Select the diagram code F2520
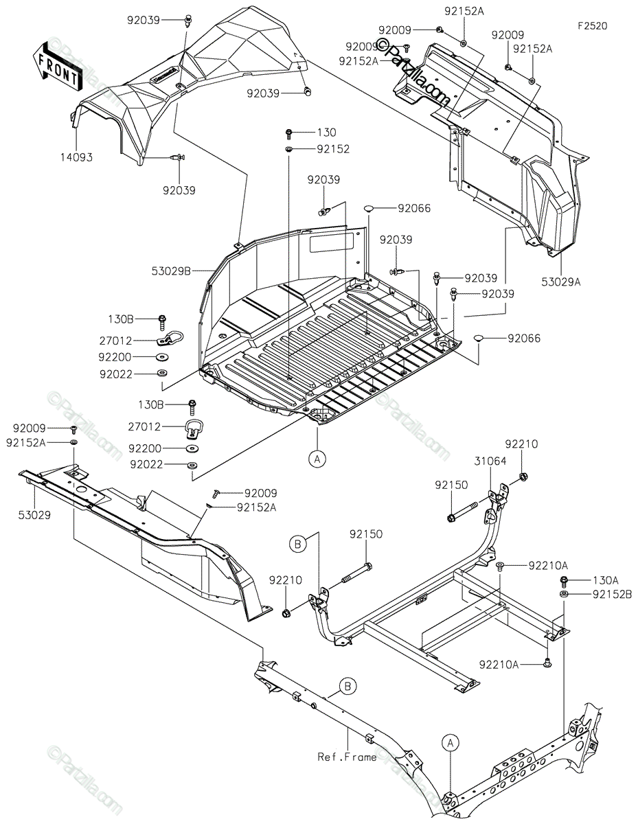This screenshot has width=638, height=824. coord(592,26)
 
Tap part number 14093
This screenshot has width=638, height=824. coord(76,157)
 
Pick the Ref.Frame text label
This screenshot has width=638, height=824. coord(347,757)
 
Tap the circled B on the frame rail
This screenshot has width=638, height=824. coord(348,685)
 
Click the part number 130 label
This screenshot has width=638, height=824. coord(326,132)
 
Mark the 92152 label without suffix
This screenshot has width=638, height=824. coord(333,148)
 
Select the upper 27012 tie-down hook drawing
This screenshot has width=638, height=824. coord(172,338)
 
